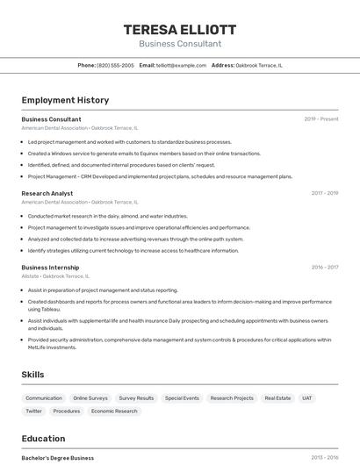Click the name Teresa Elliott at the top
(179, 29)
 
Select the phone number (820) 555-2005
(115, 65)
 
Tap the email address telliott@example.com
(181, 65)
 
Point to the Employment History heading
(65, 100)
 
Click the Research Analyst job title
(47, 193)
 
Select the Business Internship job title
(50, 268)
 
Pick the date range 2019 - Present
(321, 119)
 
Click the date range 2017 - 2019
(324, 193)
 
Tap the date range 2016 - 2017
(324, 268)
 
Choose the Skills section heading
(32, 375)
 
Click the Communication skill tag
(44, 398)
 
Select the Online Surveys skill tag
(90, 398)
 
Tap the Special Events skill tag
(182, 398)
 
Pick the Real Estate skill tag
(277, 398)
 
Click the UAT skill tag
(307, 398)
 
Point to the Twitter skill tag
(33, 411)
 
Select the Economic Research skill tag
(114, 411)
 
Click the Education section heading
(43, 439)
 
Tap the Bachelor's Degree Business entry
(58, 458)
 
